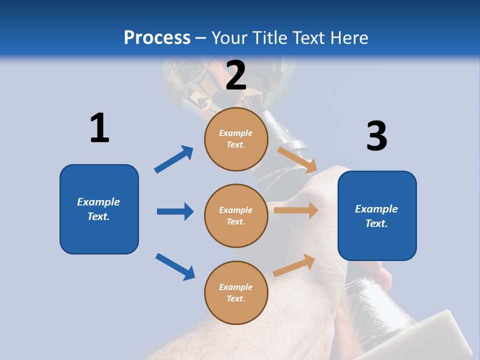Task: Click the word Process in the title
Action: tap(157, 37)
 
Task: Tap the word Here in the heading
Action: tap(346, 37)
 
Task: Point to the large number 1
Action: tap(99, 128)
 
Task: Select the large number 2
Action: tap(236, 75)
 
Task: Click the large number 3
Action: tap(376, 136)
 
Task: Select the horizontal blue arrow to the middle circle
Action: tap(175, 211)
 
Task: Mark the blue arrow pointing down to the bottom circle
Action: tap(175, 266)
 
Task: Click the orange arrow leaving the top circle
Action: tap(297, 159)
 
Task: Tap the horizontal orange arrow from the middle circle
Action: tap(296, 210)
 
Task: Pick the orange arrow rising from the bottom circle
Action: tap(294, 265)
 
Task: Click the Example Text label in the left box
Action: tap(98, 209)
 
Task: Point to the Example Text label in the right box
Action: tap(376, 216)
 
